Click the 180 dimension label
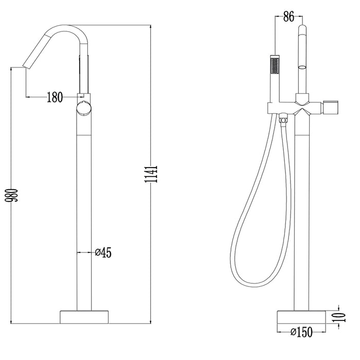[x=54, y=96]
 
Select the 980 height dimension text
[x=16, y=195]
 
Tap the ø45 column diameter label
[x=103, y=252]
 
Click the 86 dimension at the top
[x=289, y=17]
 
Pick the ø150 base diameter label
[x=301, y=332]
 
